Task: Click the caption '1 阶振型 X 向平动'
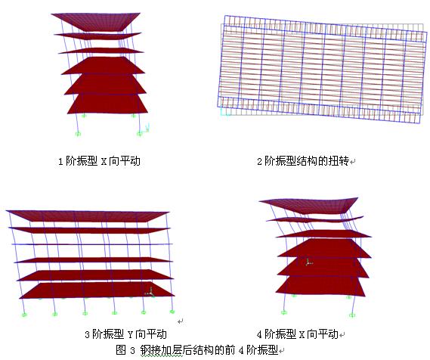99,161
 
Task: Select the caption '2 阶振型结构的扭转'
303,161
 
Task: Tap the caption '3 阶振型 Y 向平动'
125,334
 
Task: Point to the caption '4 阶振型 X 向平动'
297,334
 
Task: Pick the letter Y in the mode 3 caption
130,334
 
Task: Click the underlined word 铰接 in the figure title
150,350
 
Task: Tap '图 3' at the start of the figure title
125,350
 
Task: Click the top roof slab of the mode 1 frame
96,21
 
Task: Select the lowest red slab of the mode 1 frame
107,104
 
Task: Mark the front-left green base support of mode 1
78,134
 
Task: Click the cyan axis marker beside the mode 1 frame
146,129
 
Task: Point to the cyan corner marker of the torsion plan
224,112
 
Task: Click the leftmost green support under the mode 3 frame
24,315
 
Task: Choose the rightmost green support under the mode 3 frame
172,312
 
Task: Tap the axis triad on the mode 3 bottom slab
150,293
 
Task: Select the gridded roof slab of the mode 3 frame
88,216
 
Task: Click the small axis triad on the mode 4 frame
309,262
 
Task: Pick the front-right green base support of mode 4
352,315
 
